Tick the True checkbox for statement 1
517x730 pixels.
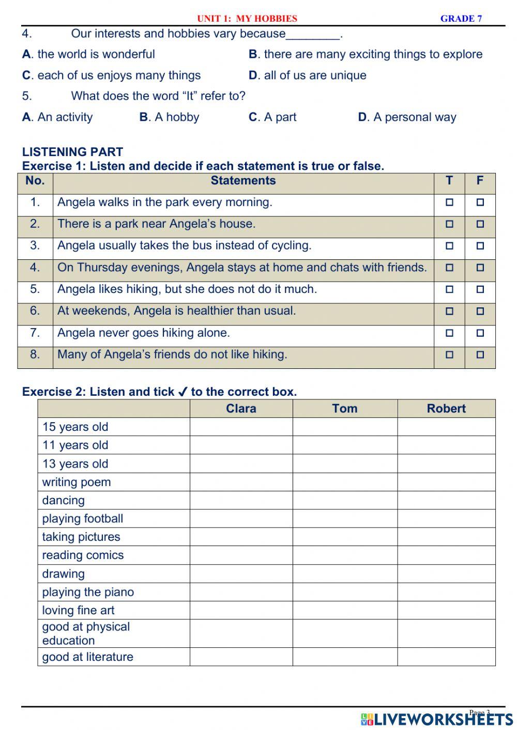[449, 203]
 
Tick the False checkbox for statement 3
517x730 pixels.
[480, 246]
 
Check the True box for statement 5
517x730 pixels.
[449, 289]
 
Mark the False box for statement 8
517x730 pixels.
[480, 355]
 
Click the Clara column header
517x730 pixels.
[241, 409]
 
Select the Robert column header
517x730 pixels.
[446, 409]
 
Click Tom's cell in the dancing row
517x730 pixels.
[345, 500]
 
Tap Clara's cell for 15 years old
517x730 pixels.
[241, 427]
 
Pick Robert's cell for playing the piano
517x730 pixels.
[446, 592]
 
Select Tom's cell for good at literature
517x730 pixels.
[345, 657]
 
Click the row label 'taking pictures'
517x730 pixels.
[81, 537]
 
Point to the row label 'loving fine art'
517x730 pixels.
[79, 610]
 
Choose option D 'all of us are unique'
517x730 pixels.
[308, 75]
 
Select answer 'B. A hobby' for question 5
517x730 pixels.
[169, 117]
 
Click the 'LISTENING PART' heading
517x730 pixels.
[72, 152]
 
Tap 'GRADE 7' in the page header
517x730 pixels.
[461, 19]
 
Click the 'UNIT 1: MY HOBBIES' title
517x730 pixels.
[247, 19]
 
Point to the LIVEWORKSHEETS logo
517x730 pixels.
[437, 719]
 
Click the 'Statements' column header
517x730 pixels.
[243, 181]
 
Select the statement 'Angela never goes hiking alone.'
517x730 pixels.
[144, 333]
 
